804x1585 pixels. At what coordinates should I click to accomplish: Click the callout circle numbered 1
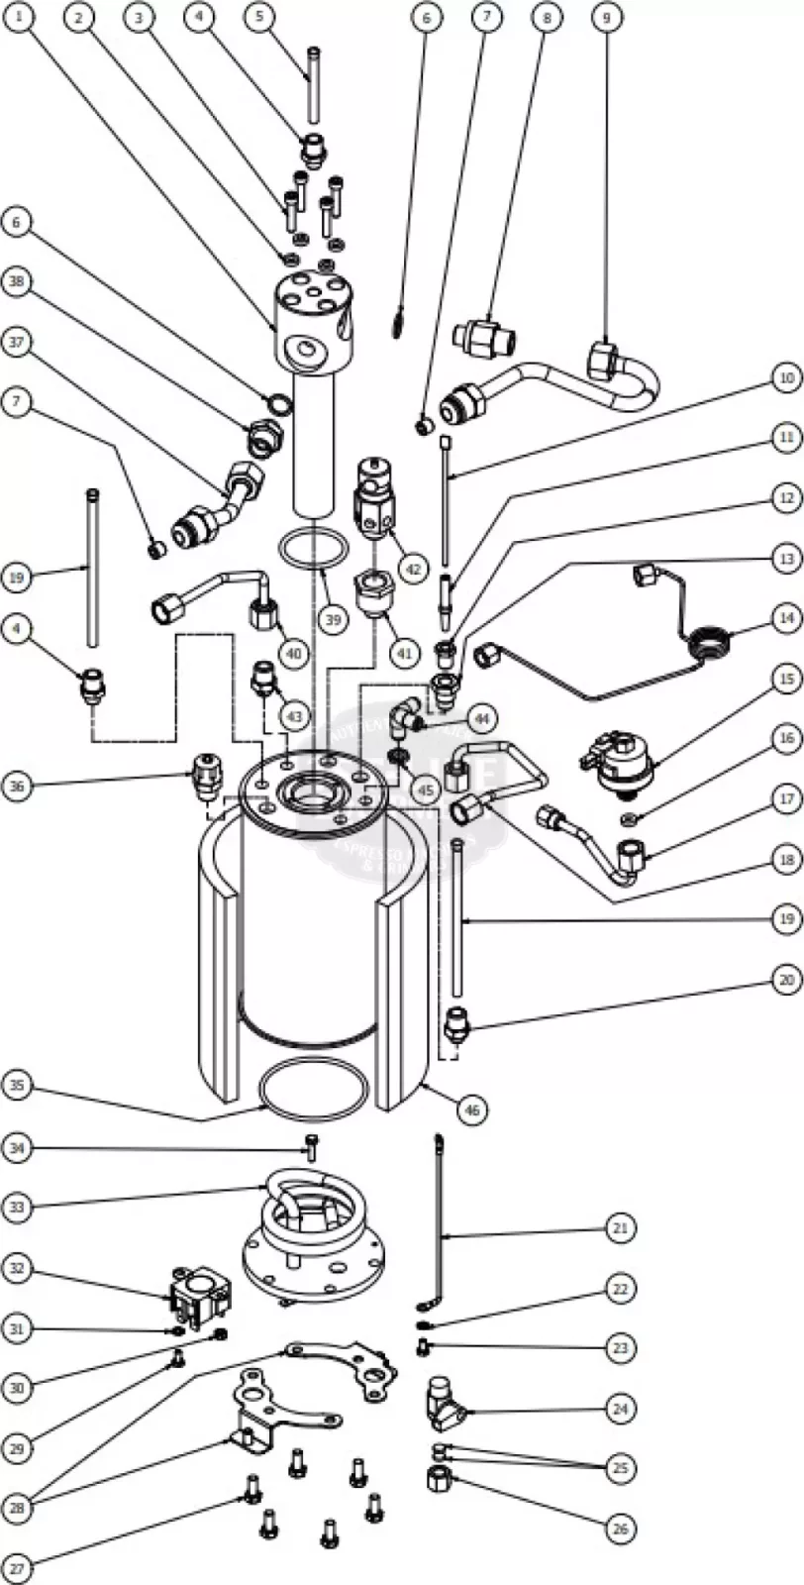coord(19,17)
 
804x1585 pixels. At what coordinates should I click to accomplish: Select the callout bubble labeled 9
coord(606,17)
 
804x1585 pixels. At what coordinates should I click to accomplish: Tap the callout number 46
coord(472,1110)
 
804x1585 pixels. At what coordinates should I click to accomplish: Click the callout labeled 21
coord(620,1228)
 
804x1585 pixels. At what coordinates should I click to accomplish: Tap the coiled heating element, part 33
coord(305,1199)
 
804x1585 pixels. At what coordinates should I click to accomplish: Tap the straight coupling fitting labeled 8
coord(483,339)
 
